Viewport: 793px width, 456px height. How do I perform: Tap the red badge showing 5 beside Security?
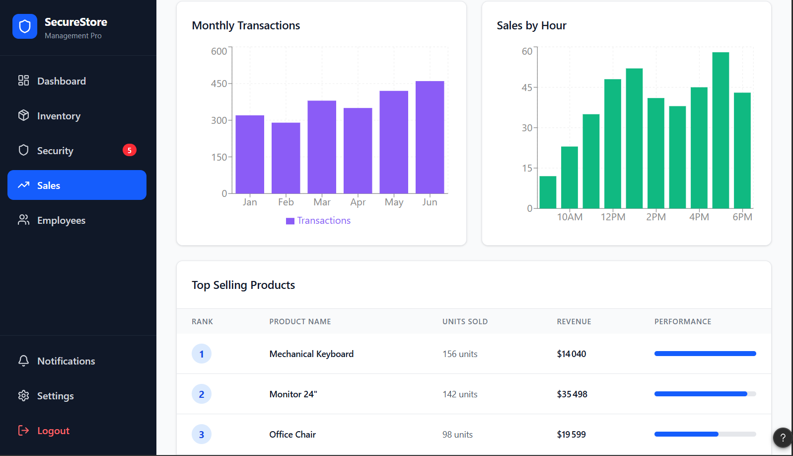(130, 150)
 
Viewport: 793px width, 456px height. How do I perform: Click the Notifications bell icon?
(23, 361)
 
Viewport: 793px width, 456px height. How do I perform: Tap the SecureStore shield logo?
(25, 26)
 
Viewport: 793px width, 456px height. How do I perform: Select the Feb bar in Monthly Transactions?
(286, 158)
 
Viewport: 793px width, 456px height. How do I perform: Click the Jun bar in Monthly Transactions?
(430, 137)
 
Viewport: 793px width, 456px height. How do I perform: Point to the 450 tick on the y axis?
(219, 84)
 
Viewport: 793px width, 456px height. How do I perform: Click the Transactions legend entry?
(318, 221)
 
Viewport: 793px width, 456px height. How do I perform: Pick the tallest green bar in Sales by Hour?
(721, 130)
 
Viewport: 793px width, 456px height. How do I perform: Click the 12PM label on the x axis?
(613, 217)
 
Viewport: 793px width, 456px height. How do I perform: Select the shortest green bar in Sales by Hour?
(548, 192)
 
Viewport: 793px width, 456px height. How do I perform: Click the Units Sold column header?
(465, 322)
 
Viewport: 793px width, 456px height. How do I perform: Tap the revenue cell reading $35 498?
(572, 394)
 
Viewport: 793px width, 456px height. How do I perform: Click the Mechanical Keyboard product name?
(311, 354)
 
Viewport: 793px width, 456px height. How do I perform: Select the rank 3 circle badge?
(202, 435)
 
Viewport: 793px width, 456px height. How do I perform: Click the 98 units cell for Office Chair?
(457, 435)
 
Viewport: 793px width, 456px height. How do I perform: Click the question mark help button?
(783, 438)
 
